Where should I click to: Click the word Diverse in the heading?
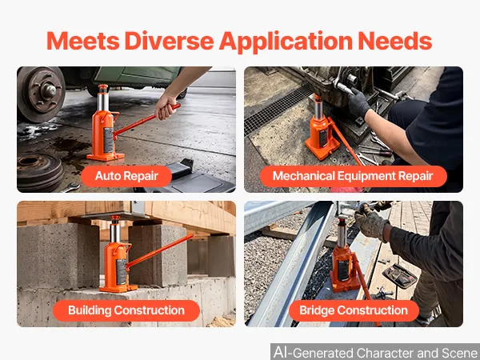click(169, 41)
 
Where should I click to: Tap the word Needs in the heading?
click(395, 41)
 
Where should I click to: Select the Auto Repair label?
click(126, 176)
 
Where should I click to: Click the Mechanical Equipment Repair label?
click(353, 176)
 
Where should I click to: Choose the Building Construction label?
click(126, 310)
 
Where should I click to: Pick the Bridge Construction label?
click(354, 310)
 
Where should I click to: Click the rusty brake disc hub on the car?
click(41, 93)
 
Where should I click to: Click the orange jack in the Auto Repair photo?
click(105, 123)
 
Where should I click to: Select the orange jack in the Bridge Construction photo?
click(343, 256)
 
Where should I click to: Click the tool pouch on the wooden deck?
click(399, 276)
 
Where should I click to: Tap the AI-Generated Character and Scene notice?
click(375, 352)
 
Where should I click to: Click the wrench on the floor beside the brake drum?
click(70, 187)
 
